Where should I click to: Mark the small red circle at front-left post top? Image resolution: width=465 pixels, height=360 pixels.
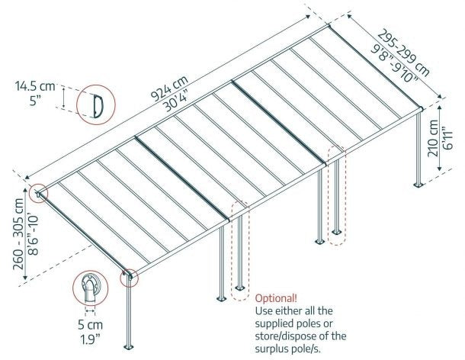[x=130, y=276]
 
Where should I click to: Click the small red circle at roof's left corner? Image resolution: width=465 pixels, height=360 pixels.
[x=38, y=194]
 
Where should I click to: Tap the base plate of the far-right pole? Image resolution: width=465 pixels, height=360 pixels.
[x=418, y=184]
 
